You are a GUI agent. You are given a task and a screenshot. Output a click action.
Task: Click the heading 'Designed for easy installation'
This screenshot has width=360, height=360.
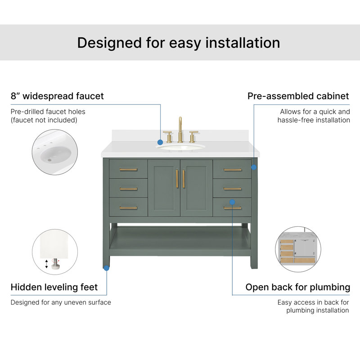click(x=179, y=43)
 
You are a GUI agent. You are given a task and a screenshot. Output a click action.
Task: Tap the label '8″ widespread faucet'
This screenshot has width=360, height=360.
click(x=57, y=96)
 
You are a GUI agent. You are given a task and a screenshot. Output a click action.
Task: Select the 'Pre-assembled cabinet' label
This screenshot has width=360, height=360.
click(x=298, y=96)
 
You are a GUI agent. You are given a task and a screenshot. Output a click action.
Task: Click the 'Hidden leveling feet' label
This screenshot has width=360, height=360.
click(x=54, y=287)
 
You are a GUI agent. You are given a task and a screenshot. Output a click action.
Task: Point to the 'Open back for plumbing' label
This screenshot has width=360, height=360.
click(x=298, y=287)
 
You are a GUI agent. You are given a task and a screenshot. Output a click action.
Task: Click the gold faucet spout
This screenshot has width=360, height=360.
click(x=180, y=130)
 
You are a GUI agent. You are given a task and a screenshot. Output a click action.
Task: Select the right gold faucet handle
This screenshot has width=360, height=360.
click(x=193, y=137)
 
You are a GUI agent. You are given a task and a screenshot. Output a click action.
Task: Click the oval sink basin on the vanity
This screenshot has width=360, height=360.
click(x=181, y=147)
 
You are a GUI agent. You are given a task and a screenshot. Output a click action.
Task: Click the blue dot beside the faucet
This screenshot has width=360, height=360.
click(x=160, y=142)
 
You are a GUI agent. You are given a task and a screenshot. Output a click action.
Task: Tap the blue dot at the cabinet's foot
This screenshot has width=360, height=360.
click(x=106, y=268)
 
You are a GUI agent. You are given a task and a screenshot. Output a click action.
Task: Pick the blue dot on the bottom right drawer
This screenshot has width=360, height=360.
click(x=232, y=202)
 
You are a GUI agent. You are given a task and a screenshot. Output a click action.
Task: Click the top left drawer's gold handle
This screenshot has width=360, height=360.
click(x=128, y=170)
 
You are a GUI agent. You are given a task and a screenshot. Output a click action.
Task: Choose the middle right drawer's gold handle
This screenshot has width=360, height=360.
click(x=232, y=189)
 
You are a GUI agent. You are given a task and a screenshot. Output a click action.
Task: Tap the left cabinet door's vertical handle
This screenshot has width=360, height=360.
click(x=177, y=179)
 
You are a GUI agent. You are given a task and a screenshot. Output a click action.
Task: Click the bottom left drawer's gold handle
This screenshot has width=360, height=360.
click(x=128, y=208)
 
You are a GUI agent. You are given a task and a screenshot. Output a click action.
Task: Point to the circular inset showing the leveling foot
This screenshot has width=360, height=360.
click(x=55, y=252)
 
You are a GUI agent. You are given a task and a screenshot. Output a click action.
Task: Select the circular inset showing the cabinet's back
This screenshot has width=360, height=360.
click(x=298, y=249)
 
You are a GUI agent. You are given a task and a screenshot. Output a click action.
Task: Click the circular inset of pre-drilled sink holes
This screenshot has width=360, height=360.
click(x=55, y=152)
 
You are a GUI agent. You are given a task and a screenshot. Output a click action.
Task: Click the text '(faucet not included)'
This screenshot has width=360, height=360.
click(x=44, y=120)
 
